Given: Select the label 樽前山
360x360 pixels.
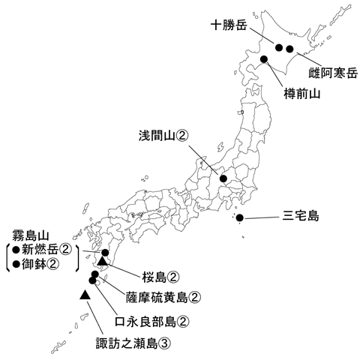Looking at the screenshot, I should coord(302,94).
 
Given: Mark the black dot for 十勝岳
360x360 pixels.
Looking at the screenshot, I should coord(278,48).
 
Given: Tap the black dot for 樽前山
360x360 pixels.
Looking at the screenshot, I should coord(264,58).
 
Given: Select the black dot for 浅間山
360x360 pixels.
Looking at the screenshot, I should coord(223,178).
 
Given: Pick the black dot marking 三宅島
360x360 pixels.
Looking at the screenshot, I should coord(240,218).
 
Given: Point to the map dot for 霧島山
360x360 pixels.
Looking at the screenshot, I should coord(106,253).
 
